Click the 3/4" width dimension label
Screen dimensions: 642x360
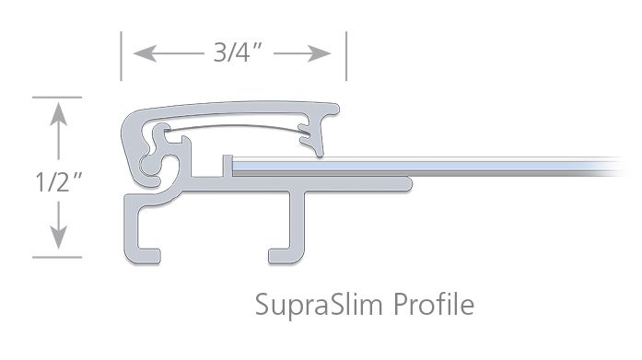coord(237,52)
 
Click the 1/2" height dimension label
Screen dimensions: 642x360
coord(58,182)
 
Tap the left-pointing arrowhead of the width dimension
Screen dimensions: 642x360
coord(145,53)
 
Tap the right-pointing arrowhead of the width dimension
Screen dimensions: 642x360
coord(320,53)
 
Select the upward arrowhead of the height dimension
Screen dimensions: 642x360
coord(59,113)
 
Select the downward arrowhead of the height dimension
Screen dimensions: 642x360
coord(59,238)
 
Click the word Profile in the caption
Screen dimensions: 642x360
coord(434,304)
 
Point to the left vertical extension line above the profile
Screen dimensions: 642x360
coord(121,56)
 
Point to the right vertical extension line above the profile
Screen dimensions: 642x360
coord(346,56)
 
